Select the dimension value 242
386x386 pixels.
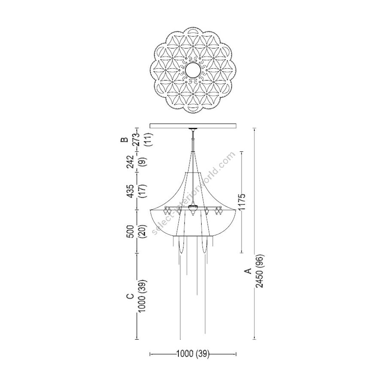point(130,162)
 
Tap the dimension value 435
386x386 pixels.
point(130,191)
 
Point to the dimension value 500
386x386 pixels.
point(130,232)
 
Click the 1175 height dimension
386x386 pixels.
point(242,202)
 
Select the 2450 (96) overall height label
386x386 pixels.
point(260,271)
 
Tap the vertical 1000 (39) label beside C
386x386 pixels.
point(142,296)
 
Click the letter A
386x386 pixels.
point(249,271)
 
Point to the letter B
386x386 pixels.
point(124,140)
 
